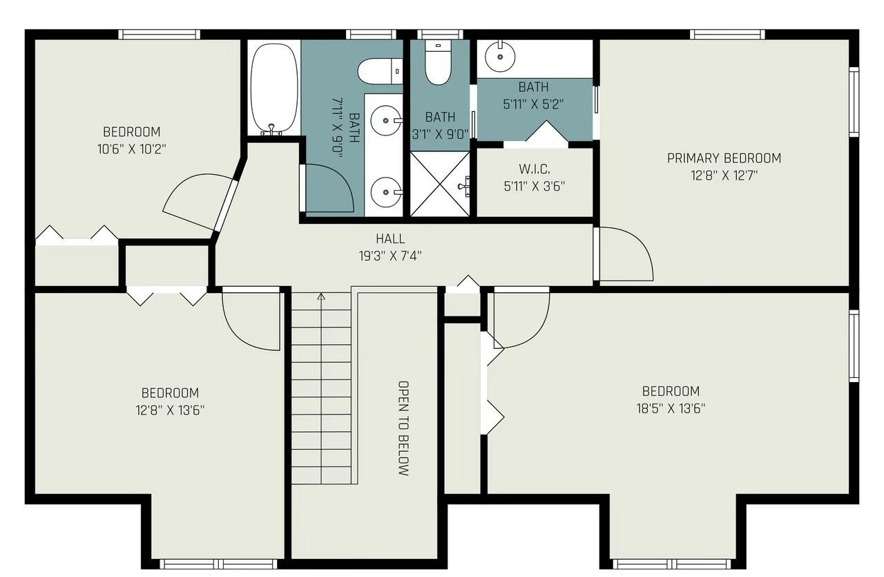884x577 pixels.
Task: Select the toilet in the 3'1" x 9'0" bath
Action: tap(437, 64)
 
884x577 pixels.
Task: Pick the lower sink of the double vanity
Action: tap(385, 189)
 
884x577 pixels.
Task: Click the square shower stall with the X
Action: tap(441, 185)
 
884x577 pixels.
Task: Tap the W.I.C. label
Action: tap(534, 169)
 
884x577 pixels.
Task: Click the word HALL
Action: tap(390, 239)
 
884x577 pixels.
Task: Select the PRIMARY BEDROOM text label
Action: tap(724, 158)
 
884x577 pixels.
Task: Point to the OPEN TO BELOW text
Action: tap(403, 428)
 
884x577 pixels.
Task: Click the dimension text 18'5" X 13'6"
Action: tap(671, 408)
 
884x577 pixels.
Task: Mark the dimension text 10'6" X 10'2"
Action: tap(131, 148)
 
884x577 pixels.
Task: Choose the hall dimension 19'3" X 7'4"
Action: tap(390, 255)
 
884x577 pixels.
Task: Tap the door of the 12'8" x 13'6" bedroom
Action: tap(252, 318)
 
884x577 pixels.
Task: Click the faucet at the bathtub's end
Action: tap(272, 128)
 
